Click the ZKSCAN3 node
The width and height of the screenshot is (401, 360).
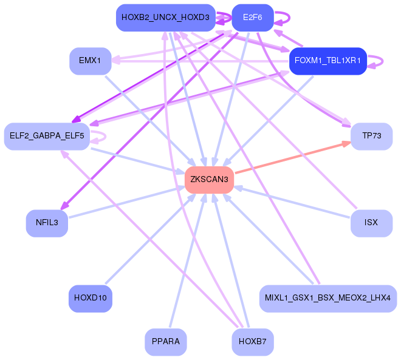click(x=209, y=180)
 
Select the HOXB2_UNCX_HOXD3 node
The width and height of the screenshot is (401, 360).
click(x=165, y=18)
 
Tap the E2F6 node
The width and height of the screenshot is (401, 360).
click(x=252, y=18)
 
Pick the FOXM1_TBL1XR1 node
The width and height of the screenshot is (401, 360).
click(x=327, y=61)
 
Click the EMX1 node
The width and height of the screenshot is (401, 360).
click(x=90, y=61)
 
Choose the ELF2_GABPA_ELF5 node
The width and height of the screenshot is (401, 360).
click(x=46, y=136)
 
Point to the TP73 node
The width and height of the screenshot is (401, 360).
click(x=371, y=136)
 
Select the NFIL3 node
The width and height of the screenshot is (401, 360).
click(x=47, y=223)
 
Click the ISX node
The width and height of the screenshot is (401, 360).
click(x=371, y=223)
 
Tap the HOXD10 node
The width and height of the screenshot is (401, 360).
click(x=90, y=299)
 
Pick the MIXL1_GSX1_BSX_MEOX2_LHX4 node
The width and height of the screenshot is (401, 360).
click(x=328, y=299)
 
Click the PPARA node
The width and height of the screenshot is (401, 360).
click(x=165, y=342)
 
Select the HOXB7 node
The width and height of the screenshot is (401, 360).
click(x=252, y=342)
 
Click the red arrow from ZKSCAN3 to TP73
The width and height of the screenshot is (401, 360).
click(x=292, y=158)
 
